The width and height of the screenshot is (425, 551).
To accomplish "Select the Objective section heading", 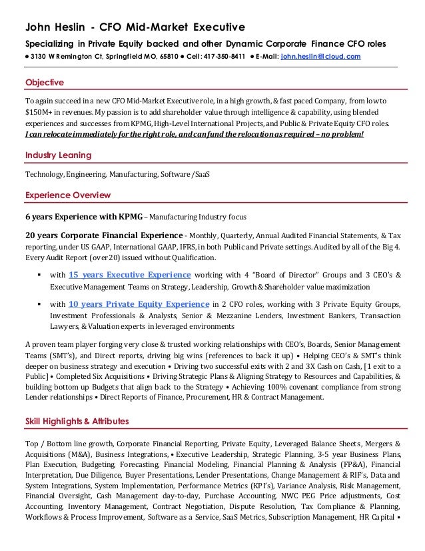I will click(x=44, y=83).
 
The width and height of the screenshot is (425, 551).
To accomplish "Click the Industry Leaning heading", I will click(x=58, y=155).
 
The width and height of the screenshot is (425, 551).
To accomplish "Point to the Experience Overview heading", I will click(x=67, y=195).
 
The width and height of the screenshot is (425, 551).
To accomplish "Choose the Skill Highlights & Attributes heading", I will click(x=77, y=422).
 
